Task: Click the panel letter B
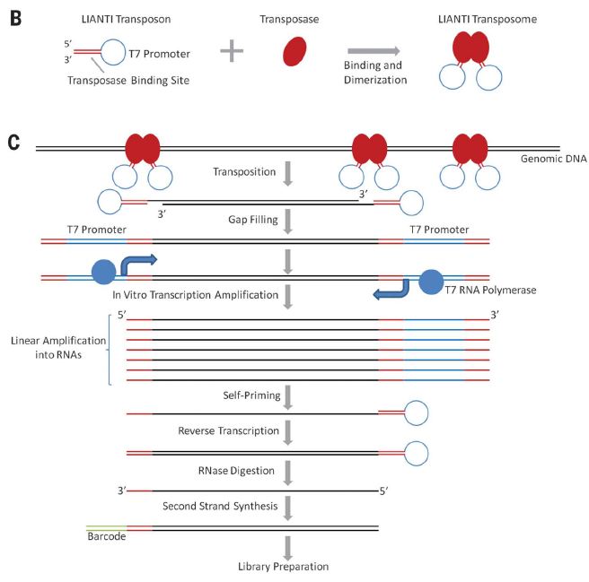(x=16, y=19)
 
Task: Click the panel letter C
(x=13, y=143)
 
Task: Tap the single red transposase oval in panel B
(x=294, y=51)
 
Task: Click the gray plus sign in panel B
(x=232, y=50)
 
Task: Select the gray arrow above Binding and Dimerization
(x=374, y=50)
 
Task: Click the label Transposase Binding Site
(x=128, y=81)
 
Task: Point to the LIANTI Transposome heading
(x=488, y=19)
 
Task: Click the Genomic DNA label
(x=554, y=159)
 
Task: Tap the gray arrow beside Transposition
(x=287, y=174)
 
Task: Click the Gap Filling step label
(x=253, y=220)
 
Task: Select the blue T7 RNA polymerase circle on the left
(x=103, y=272)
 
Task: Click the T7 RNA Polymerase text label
(x=490, y=290)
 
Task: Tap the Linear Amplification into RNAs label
(x=58, y=347)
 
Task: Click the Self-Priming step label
(x=251, y=395)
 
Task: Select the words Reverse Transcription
(x=228, y=430)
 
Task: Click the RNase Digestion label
(x=236, y=471)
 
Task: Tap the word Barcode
(x=107, y=536)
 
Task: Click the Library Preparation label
(x=283, y=567)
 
